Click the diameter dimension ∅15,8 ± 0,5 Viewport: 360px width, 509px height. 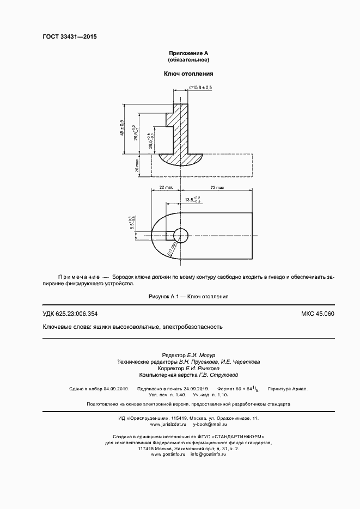(x=202, y=88)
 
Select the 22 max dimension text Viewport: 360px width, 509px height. (x=166, y=188)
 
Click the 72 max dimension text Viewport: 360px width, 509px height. (x=216, y=188)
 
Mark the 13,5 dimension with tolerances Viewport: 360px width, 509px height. (x=193, y=200)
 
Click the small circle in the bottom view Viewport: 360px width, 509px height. (x=180, y=234)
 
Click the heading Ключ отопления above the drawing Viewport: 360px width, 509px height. (x=188, y=73)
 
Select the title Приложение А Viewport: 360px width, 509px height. (x=188, y=53)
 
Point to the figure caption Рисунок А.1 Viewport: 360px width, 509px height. (x=188, y=297)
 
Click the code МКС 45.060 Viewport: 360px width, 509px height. (x=318, y=314)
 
